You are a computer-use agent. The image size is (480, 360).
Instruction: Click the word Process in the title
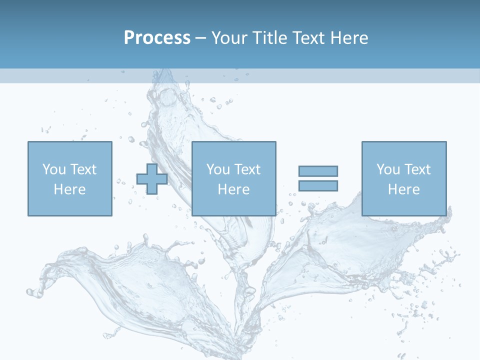pyautogui.click(x=157, y=38)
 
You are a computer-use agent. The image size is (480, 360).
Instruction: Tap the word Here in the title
pyautogui.click(x=347, y=38)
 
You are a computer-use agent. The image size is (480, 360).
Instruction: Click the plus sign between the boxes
pyautogui.click(x=152, y=179)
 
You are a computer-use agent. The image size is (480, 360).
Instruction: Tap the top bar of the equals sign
pyautogui.click(x=318, y=171)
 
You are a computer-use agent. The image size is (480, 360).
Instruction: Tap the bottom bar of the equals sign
pyautogui.click(x=318, y=185)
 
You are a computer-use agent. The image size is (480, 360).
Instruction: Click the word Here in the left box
pyautogui.click(x=70, y=189)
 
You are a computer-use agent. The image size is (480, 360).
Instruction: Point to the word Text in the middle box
pyautogui.click(x=247, y=169)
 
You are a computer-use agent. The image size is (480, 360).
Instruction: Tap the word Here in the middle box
pyautogui.click(x=234, y=189)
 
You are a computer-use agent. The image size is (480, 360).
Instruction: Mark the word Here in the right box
pyautogui.click(x=404, y=189)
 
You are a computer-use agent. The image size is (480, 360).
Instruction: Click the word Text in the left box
pyautogui.click(x=83, y=169)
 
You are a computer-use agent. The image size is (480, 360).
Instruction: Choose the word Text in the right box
pyautogui.click(x=417, y=169)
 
